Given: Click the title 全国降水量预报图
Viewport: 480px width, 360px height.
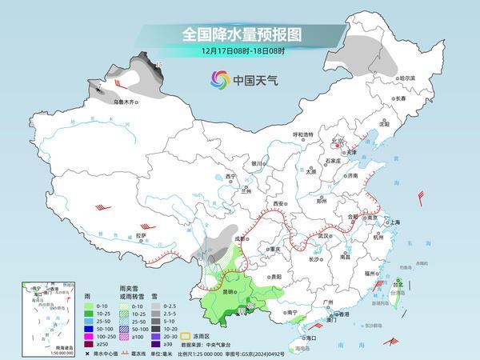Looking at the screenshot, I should (239, 34).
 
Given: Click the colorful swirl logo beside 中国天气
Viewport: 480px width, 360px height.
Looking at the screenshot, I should (218, 79).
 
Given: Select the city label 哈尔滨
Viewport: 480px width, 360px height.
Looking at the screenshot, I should (407, 78).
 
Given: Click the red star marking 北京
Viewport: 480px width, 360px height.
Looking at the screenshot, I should (336, 145).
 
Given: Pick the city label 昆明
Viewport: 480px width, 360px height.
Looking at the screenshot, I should (228, 292).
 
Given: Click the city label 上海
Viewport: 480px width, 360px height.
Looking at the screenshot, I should (393, 222).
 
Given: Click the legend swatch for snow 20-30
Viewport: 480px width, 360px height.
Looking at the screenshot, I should (167, 335).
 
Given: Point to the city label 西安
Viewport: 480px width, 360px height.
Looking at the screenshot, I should (280, 204).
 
